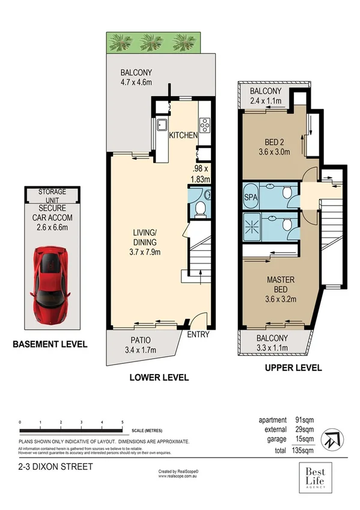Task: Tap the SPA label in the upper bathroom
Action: point(249,197)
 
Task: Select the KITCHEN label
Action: point(183,135)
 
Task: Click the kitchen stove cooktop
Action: point(204,124)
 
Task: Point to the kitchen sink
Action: point(162,125)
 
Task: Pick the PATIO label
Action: point(138,343)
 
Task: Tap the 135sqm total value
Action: point(303,449)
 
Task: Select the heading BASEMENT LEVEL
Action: point(50,345)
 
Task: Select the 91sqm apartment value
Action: point(304,420)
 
